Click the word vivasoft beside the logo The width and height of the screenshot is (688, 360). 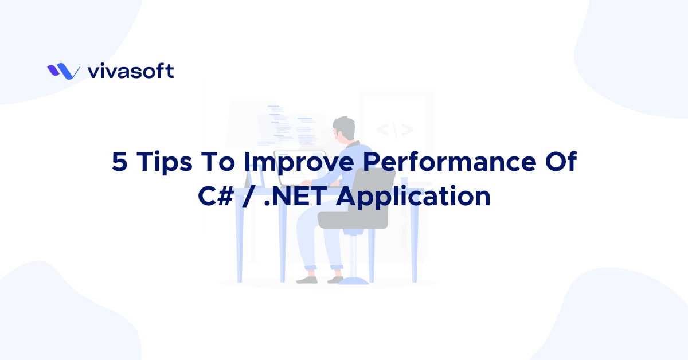[131, 71]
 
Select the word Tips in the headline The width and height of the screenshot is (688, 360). [161, 163]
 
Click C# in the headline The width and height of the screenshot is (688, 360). [214, 196]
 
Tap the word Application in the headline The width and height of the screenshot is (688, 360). [413, 196]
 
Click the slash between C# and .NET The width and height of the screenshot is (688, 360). [252, 196]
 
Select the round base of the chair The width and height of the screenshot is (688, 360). [353, 280]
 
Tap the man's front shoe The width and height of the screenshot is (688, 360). [307, 280]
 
